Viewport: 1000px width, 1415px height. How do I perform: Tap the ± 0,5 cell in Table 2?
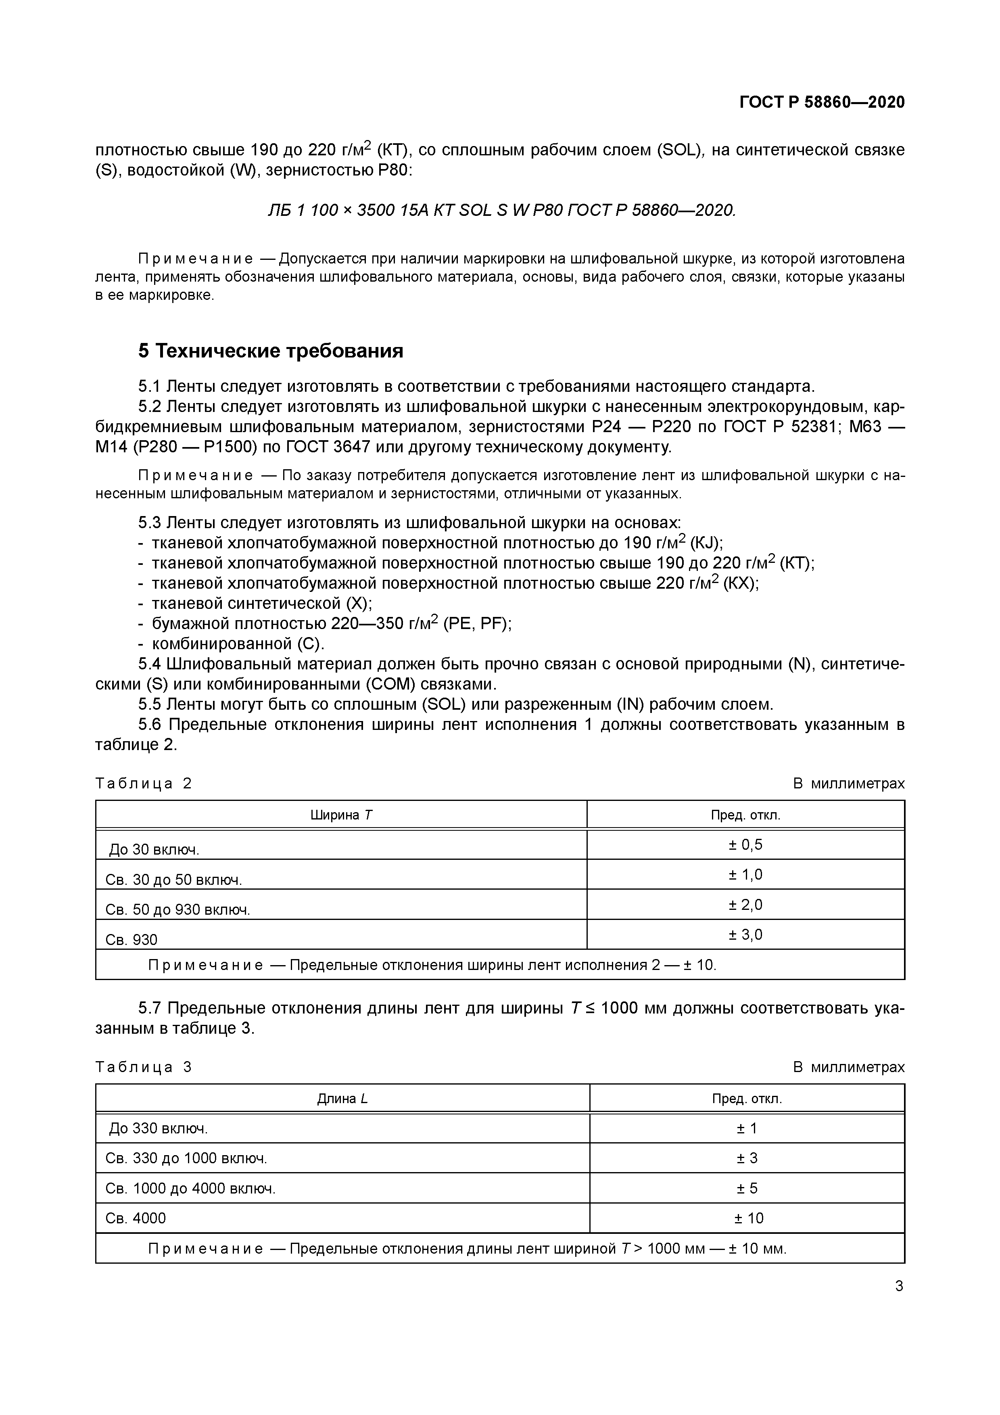745,844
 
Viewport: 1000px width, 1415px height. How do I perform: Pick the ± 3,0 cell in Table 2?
745,934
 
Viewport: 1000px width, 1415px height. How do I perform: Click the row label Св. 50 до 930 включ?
177,909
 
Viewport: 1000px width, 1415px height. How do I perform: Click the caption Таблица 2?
144,783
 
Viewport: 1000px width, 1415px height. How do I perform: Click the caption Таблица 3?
144,1067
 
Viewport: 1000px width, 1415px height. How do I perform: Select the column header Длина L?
342,1098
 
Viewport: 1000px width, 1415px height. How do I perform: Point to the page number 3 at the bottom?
899,1285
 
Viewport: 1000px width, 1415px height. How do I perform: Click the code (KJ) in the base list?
706,543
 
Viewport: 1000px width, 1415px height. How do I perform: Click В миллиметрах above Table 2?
848,783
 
